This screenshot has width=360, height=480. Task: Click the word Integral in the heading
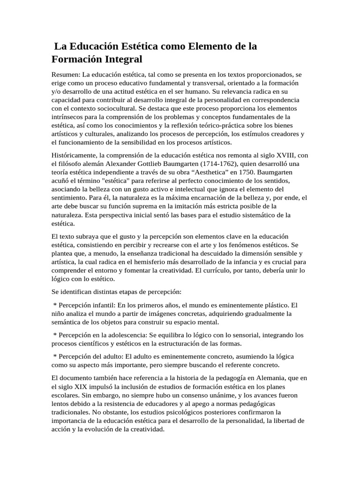click(120, 60)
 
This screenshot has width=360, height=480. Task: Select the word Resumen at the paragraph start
click(65, 74)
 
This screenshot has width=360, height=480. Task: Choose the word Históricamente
click(75, 155)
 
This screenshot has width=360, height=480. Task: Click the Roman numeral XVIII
click(285, 155)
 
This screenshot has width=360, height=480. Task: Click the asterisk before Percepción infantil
click(55, 305)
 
